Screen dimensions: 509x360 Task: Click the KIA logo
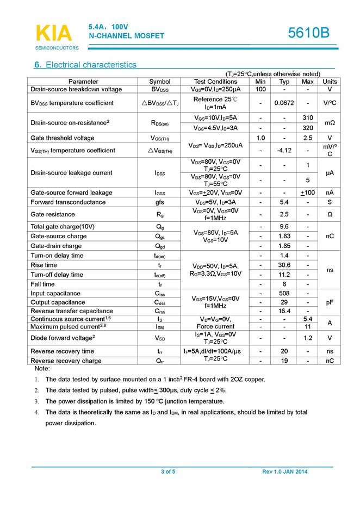click(53, 34)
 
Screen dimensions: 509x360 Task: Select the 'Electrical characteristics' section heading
click(85, 65)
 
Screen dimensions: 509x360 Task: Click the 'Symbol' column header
click(160, 82)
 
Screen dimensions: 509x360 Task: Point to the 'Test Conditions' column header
click(215, 82)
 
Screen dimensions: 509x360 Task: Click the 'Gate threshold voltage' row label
click(63, 138)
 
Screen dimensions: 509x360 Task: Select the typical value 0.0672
click(284, 103)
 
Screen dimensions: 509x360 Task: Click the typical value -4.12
click(284, 150)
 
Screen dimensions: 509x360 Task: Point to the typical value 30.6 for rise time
click(284, 265)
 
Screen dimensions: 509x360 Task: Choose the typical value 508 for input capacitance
click(284, 294)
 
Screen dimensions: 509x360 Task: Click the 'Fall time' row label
click(43, 284)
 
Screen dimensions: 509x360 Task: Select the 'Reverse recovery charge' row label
click(66, 361)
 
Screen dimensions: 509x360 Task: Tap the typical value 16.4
click(284, 311)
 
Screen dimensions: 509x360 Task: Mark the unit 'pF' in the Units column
click(330, 302)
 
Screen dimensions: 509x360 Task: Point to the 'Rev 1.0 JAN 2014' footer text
click(284, 471)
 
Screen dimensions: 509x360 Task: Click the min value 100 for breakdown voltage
click(260, 89)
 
